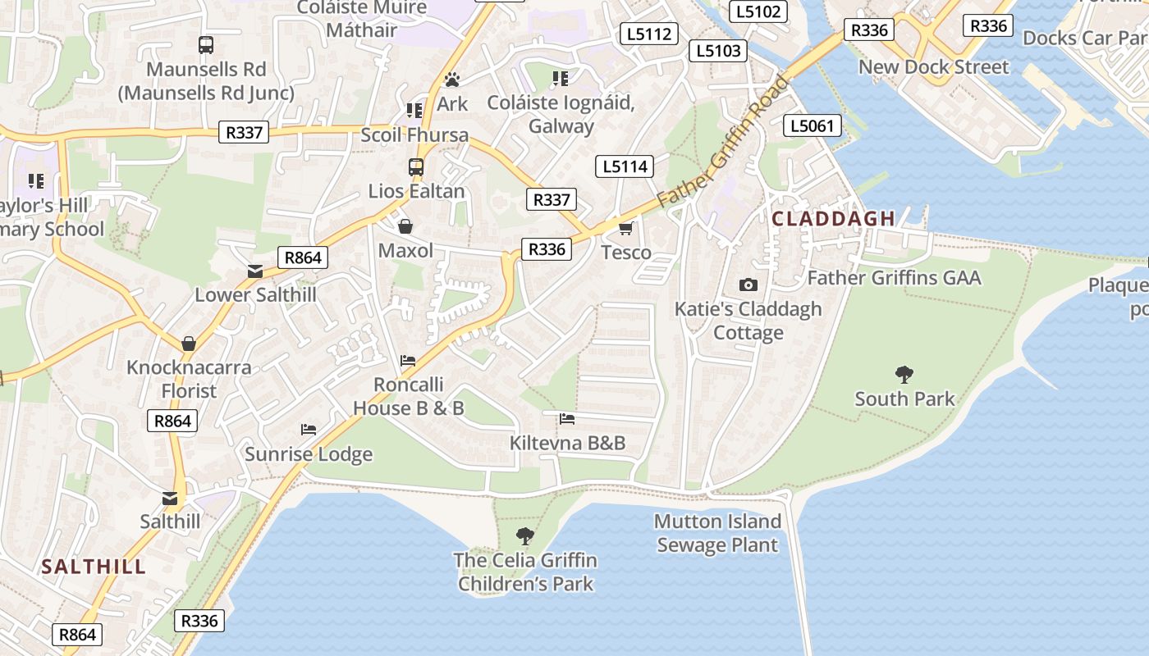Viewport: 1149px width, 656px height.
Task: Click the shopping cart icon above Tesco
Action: (625, 228)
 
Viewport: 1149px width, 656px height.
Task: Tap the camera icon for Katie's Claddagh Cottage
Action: (748, 285)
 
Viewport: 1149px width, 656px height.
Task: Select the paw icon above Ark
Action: (452, 80)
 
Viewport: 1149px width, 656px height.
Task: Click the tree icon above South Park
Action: (904, 375)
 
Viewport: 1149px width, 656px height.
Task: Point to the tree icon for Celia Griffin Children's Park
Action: (525, 536)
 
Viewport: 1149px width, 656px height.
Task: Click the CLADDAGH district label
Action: (833, 218)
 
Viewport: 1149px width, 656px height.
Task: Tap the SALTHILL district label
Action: (94, 567)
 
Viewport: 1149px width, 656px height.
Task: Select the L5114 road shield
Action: (625, 166)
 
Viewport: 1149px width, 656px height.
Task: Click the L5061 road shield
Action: (813, 125)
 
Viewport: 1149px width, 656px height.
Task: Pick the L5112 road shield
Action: (649, 34)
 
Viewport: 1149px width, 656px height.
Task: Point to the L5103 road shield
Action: (718, 50)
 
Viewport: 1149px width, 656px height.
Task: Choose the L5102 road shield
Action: (758, 11)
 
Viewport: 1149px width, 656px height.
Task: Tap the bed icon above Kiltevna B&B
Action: (567, 419)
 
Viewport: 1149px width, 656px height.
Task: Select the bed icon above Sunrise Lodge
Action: (309, 429)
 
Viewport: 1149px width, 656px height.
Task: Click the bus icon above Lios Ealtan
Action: (416, 167)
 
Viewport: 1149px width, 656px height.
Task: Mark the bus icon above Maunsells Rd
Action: (206, 45)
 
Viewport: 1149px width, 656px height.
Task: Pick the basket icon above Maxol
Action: (405, 226)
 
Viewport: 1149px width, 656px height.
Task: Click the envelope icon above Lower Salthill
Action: (255, 271)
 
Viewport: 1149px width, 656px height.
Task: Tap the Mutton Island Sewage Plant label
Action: (717, 533)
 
